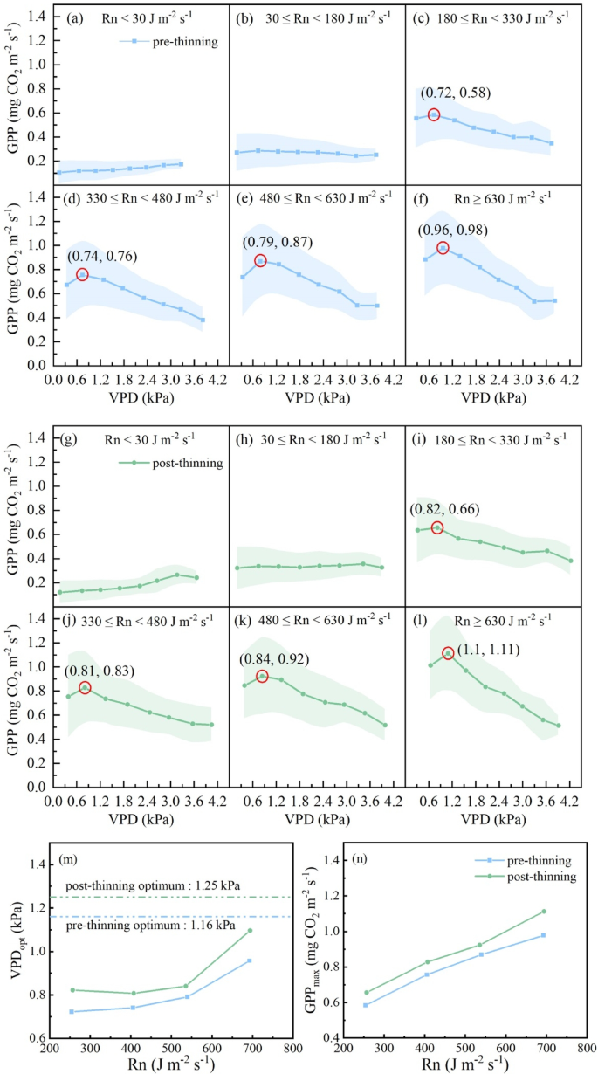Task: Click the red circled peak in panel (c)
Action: [434, 114]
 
